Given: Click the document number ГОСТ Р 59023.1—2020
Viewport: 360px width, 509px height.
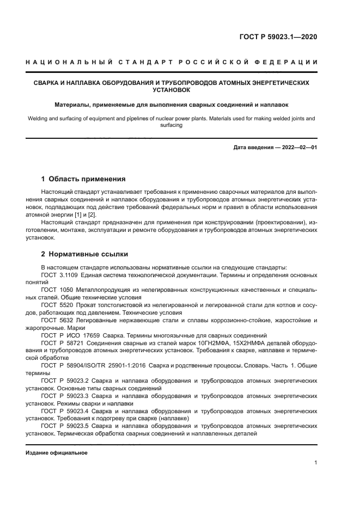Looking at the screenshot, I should click(x=278, y=37).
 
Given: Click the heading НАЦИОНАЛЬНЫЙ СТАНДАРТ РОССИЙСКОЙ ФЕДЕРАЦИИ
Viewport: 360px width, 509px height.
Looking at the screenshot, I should click(x=172, y=62).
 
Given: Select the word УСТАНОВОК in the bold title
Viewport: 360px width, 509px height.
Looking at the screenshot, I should click(x=172, y=90).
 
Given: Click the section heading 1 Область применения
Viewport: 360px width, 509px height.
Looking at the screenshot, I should click(x=84, y=179).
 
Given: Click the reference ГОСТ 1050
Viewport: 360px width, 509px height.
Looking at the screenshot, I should click(x=57, y=290).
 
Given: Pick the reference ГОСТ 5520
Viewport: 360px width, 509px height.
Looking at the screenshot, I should click(x=57, y=305).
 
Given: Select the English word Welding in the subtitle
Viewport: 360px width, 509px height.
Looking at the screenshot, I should click(x=36, y=118).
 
